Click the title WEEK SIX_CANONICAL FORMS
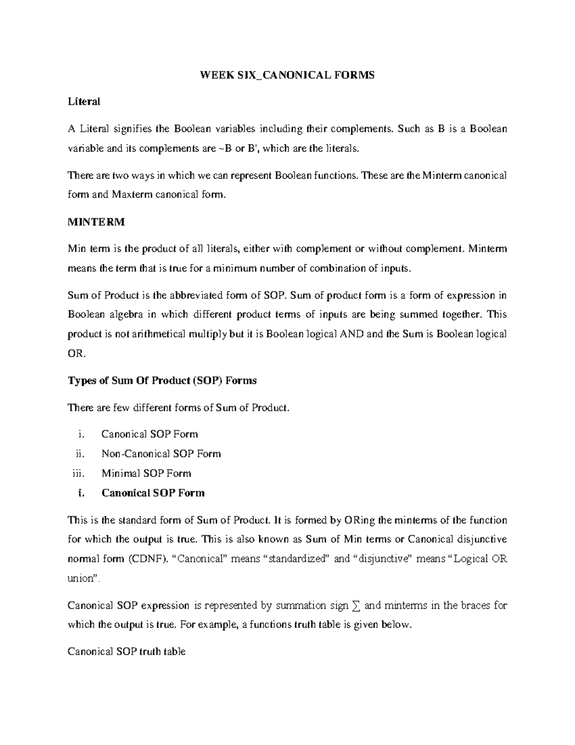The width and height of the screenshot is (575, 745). tap(287, 75)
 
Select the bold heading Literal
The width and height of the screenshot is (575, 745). tap(84, 102)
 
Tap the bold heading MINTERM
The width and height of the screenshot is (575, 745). tap(96, 222)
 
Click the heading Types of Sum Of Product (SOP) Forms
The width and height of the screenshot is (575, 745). tap(162, 381)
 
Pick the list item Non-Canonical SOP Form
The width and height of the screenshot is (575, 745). tap(161, 454)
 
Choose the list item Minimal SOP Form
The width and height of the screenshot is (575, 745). tap(146, 473)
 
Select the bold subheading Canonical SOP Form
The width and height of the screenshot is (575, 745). tap(153, 493)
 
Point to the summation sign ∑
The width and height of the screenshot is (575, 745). tap(355, 606)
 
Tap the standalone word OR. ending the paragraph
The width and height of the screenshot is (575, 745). tap(77, 354)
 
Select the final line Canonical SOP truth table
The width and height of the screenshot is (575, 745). tap(126, 651)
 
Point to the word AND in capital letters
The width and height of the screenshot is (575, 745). tap(351, 334)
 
